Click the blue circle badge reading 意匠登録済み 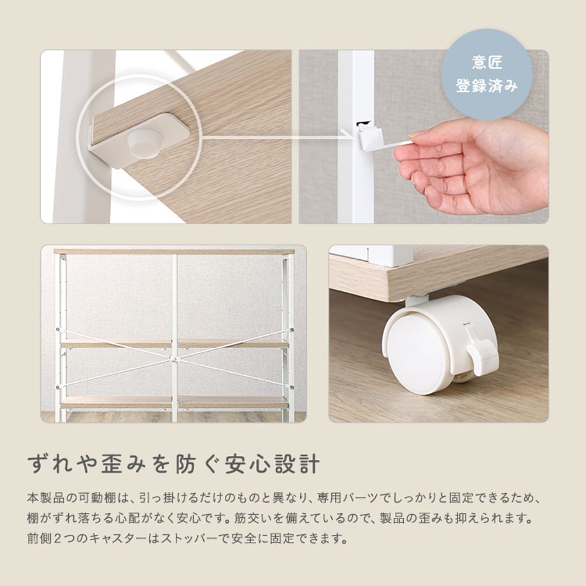click(487, 75)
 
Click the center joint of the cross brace click(175, 359)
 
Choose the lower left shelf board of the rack click(116, 402)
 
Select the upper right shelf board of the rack click(233, 343)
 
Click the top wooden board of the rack click(175, 252)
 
